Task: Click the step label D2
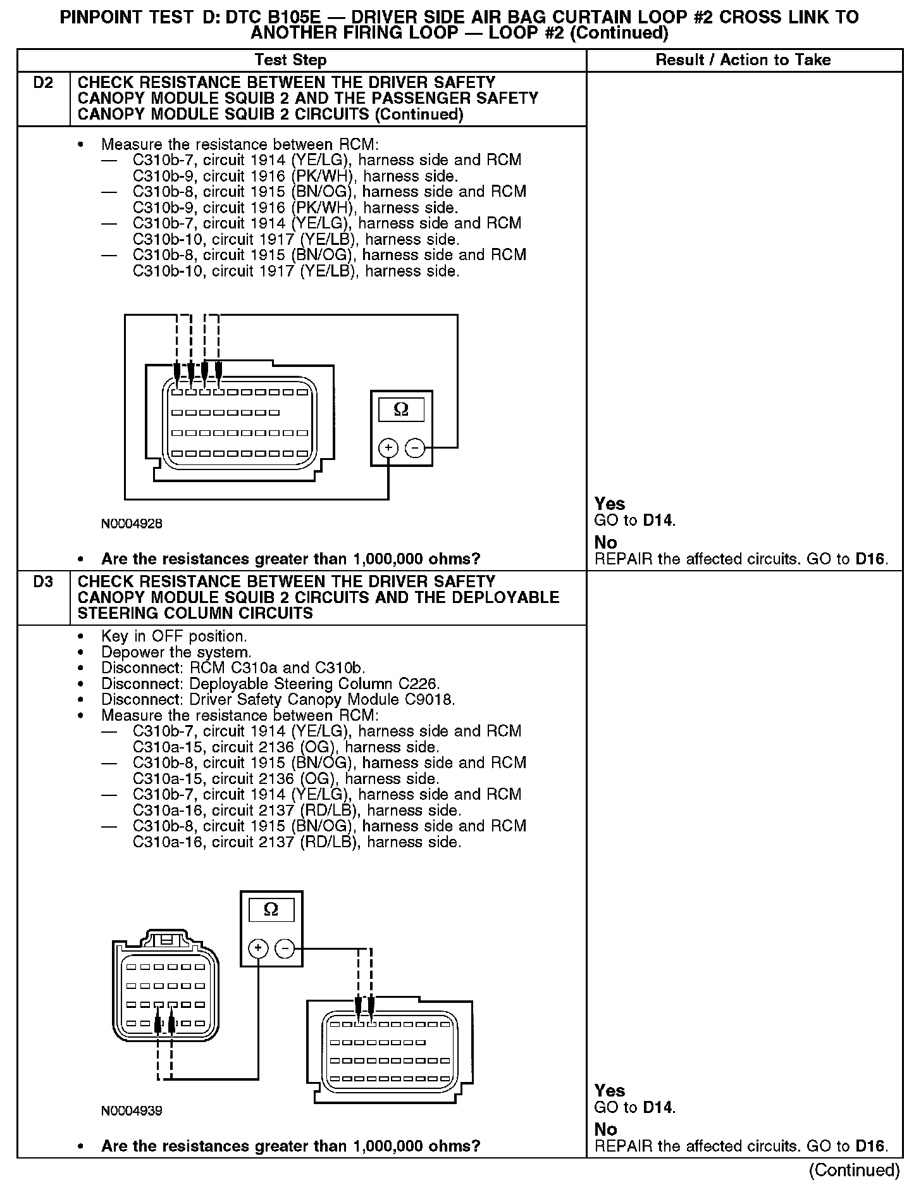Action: pyautogui.click(x=43, y=83)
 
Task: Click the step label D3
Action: pyautogui.click(x=43, y=582)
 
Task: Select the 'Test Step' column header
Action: pyautogui.click(x=290, y=60)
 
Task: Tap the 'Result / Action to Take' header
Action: pyautogui.click(x=743, y=60)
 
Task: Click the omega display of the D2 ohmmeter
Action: pyautogui.click(x=401, y=409)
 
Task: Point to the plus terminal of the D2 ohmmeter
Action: pyautogui.click(x=388, y=448)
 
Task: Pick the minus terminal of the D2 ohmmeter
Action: pyautogui.click(x=415, y=448)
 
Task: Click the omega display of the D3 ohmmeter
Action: pyautogui.click(x=271, y=910)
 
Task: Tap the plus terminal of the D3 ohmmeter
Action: pyautogui.click(x=257, y=948)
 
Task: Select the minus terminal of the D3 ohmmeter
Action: pyautogui.click(x=285, y=948)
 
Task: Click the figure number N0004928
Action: pyautogui.click(x=132, y=524)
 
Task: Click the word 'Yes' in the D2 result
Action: pyautogui.click(x=610, y=504)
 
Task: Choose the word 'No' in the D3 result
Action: pyautogui.click(x=605, y=1129)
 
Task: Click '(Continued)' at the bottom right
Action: pyautogui.click(x=854, y=1170)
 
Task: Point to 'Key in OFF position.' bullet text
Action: pyautogui.click(x=174, y=637)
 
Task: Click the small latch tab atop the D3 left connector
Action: pyautogui.click(x=166, y=940)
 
